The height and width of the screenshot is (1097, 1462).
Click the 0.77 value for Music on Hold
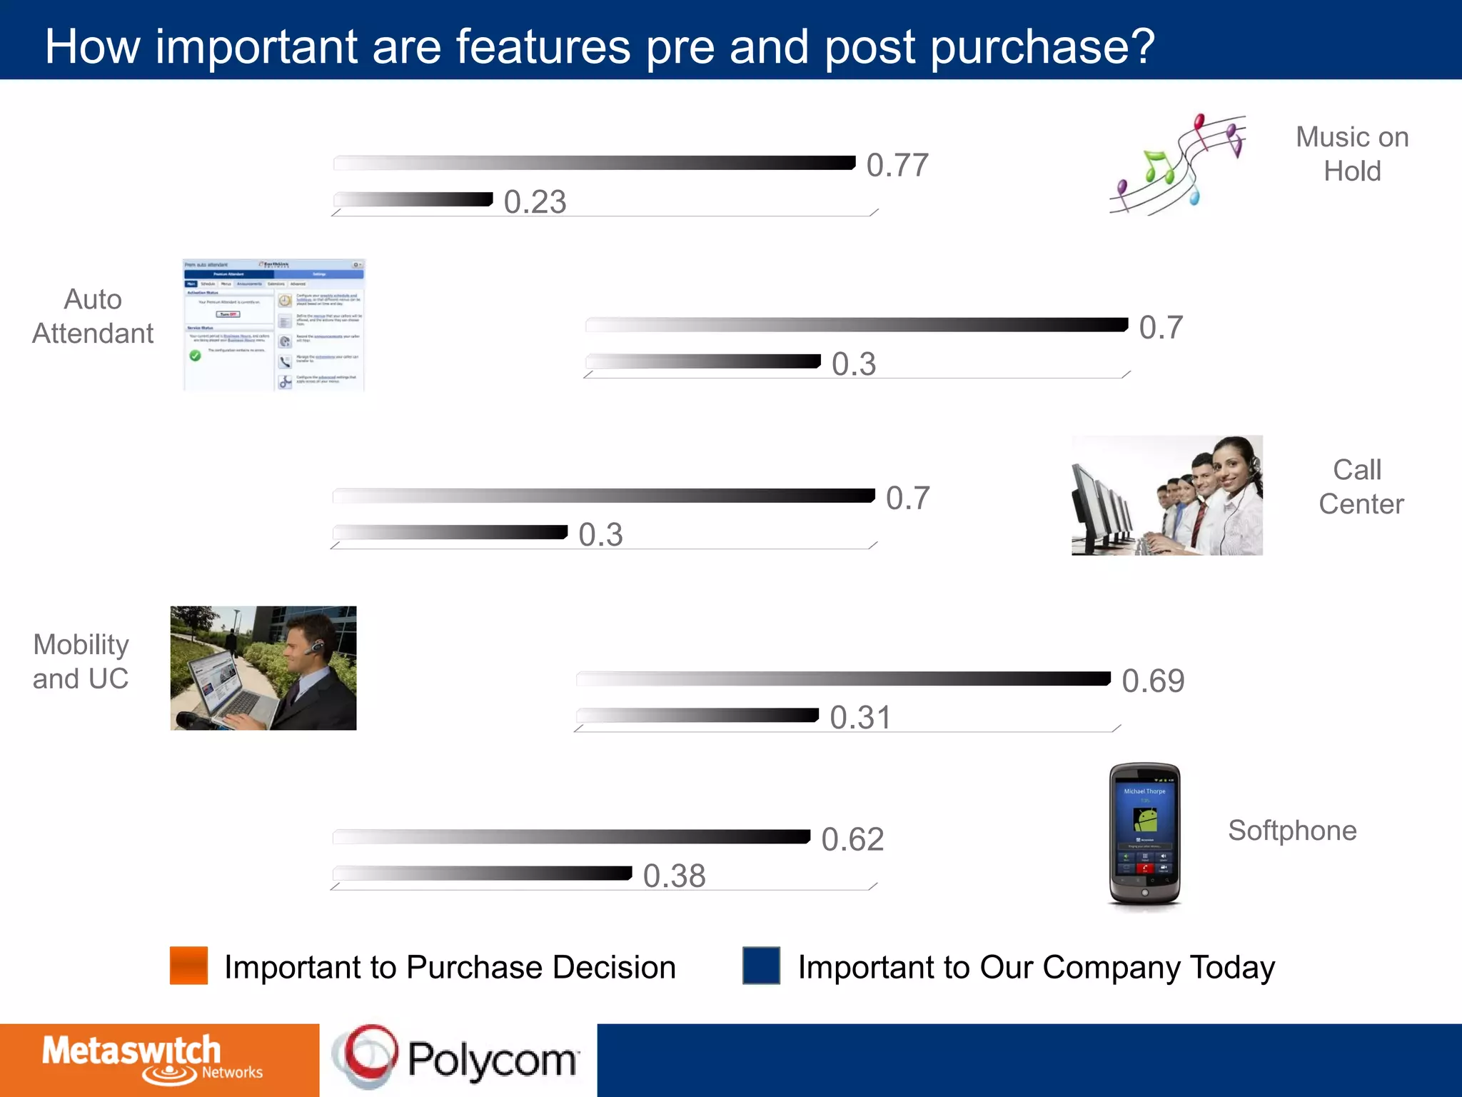pos(897,166)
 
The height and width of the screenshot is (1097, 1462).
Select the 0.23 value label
pos(535,202)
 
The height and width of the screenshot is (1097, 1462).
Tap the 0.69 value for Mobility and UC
pos(1153,681)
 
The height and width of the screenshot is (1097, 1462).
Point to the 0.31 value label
pos(860,718)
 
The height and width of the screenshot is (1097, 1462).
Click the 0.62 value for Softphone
pos(852,840)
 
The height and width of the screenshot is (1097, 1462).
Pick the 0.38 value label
pos(674,876)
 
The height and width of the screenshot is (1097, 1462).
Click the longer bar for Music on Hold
pos(594,163)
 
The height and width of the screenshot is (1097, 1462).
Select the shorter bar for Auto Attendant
pos(702,361)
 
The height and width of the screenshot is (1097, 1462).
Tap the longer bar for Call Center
pos(603,496)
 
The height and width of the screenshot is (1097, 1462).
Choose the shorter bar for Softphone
pos(483,873)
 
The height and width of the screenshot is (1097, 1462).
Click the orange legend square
pos(188,966)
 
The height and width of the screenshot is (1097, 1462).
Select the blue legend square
pos(761,966)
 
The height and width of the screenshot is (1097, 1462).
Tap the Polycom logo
pos(457,1058)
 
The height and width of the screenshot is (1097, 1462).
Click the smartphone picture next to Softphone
pos(1144,833)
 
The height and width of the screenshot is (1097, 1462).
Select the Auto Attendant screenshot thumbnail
pos(274,325)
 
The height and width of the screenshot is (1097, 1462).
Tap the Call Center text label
pos(1360,487)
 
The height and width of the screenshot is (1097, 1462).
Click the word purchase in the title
pos(1042,47)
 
